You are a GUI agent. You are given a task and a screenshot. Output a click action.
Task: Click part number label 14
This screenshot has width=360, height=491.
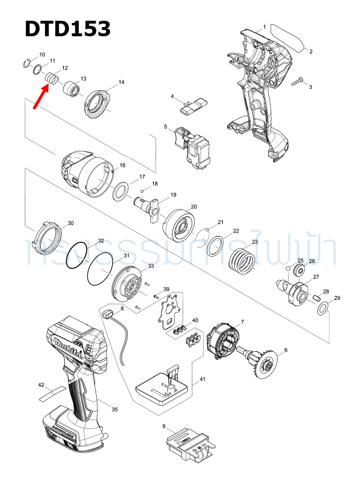(121, 83)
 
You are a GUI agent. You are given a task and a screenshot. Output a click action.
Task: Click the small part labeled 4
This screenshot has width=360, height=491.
(192, 104)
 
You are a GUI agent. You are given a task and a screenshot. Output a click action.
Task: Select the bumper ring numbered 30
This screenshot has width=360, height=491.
(47, 237)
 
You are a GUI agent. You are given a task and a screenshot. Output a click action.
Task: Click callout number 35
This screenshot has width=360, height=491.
(115, 410)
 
